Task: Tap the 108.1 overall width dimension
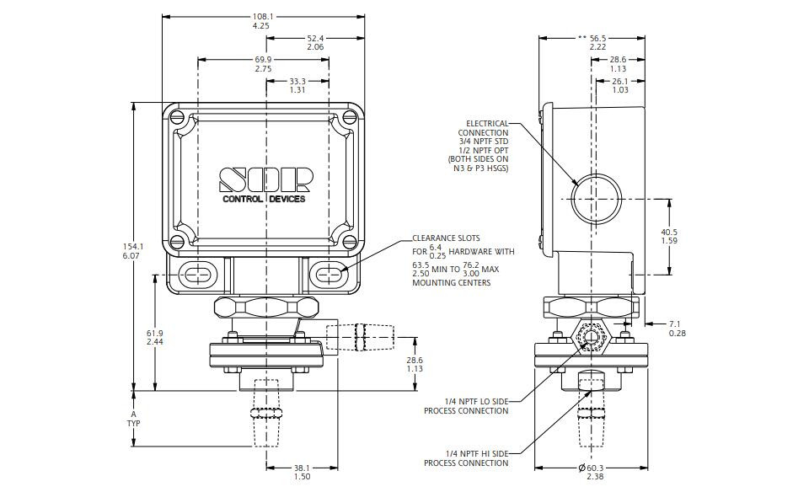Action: (x=263, y=17)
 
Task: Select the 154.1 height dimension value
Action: (x=133, y=247)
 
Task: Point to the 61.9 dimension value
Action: (x=155, y=333)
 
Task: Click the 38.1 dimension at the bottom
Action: (x=302, y=468)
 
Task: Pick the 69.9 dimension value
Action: (x=263, y=60)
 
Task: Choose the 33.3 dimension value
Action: (x=297, y=81)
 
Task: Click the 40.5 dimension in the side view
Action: (x=669, y=232)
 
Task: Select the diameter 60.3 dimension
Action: (x=591, y=468)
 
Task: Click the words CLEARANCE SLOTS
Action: (x=446, y=238)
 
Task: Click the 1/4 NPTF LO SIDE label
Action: (x=476, y=401)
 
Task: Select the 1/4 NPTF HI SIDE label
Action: (x=477, y=454)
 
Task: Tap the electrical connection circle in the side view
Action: (x=596, y=199)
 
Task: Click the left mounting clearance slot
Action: (x=197, y=275)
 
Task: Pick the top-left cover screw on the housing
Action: (x=177, y=115)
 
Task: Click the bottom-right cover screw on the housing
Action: (x=350, y=241)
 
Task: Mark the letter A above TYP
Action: (x=133, y=414)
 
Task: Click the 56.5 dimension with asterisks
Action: (x=592, y=38)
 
